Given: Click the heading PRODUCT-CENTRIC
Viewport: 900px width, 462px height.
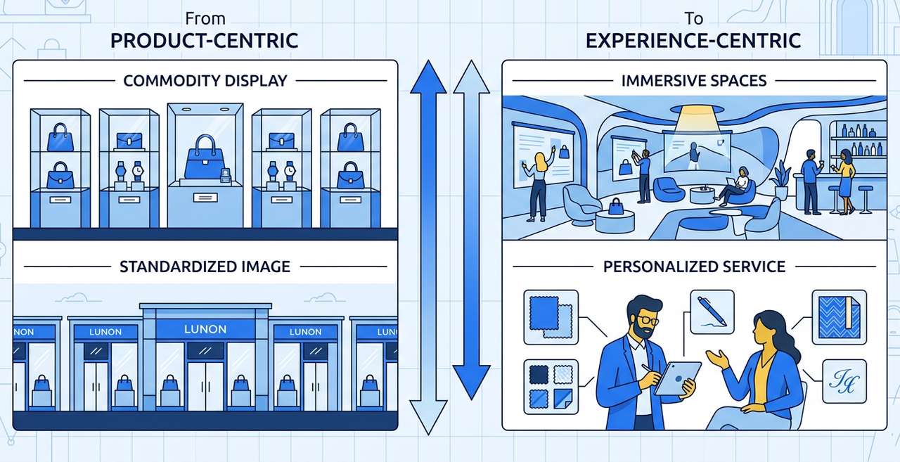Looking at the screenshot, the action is [x=204, y=41].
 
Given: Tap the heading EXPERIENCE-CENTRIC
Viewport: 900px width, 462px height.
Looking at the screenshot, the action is [x=693, y=41].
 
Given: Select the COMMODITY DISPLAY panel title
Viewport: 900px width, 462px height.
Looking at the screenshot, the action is [x=205, y=81].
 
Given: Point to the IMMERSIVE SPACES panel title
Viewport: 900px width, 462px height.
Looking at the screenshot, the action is [x=694, y=81].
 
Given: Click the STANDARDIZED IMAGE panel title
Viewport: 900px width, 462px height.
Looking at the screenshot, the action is [x=205, y=267].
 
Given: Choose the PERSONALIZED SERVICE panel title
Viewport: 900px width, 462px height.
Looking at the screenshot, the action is [x=694, y=267].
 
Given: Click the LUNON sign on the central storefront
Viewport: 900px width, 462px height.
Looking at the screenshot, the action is [x=205, y=329].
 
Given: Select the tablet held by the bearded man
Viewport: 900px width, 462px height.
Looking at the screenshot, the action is [x=677, y=378].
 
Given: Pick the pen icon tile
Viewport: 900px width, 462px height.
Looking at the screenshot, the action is [x=712, y=312].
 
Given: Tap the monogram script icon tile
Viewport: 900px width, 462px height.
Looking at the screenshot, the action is [x=844, y=381].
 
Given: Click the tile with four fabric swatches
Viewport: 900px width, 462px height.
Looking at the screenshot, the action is [x=551, y=387].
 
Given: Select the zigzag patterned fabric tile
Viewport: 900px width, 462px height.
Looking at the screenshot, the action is [x=839, y=317].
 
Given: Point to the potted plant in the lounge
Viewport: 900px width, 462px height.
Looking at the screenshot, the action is [x=780, y=179].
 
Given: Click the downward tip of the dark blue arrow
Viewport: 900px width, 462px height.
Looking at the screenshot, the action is [x=471, y=399].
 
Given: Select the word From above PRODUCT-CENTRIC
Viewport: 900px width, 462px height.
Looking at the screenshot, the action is [x=205, y=18].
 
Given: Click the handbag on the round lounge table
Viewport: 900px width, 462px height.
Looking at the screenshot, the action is [x=616, y=207].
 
